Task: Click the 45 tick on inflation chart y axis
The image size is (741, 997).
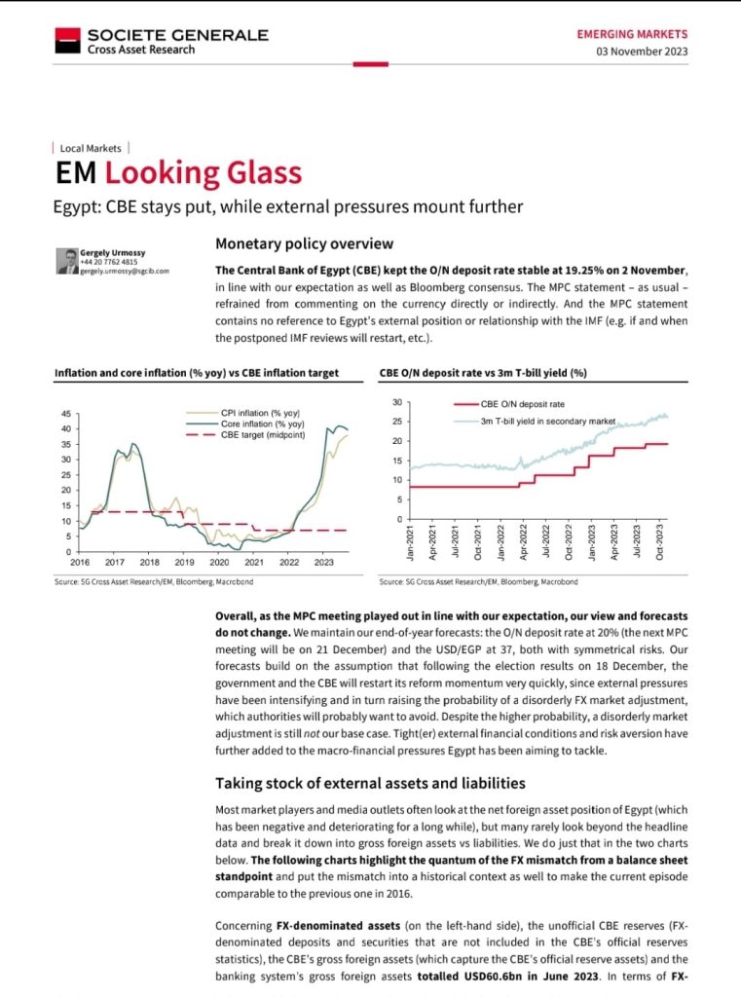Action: pyautogui.click(x=64, y=413)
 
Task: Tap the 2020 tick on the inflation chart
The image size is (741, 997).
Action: pyautogui.click(x=219, y=563)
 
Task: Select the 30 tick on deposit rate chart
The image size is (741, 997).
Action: pyautogui.click(x=395, y=402)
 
